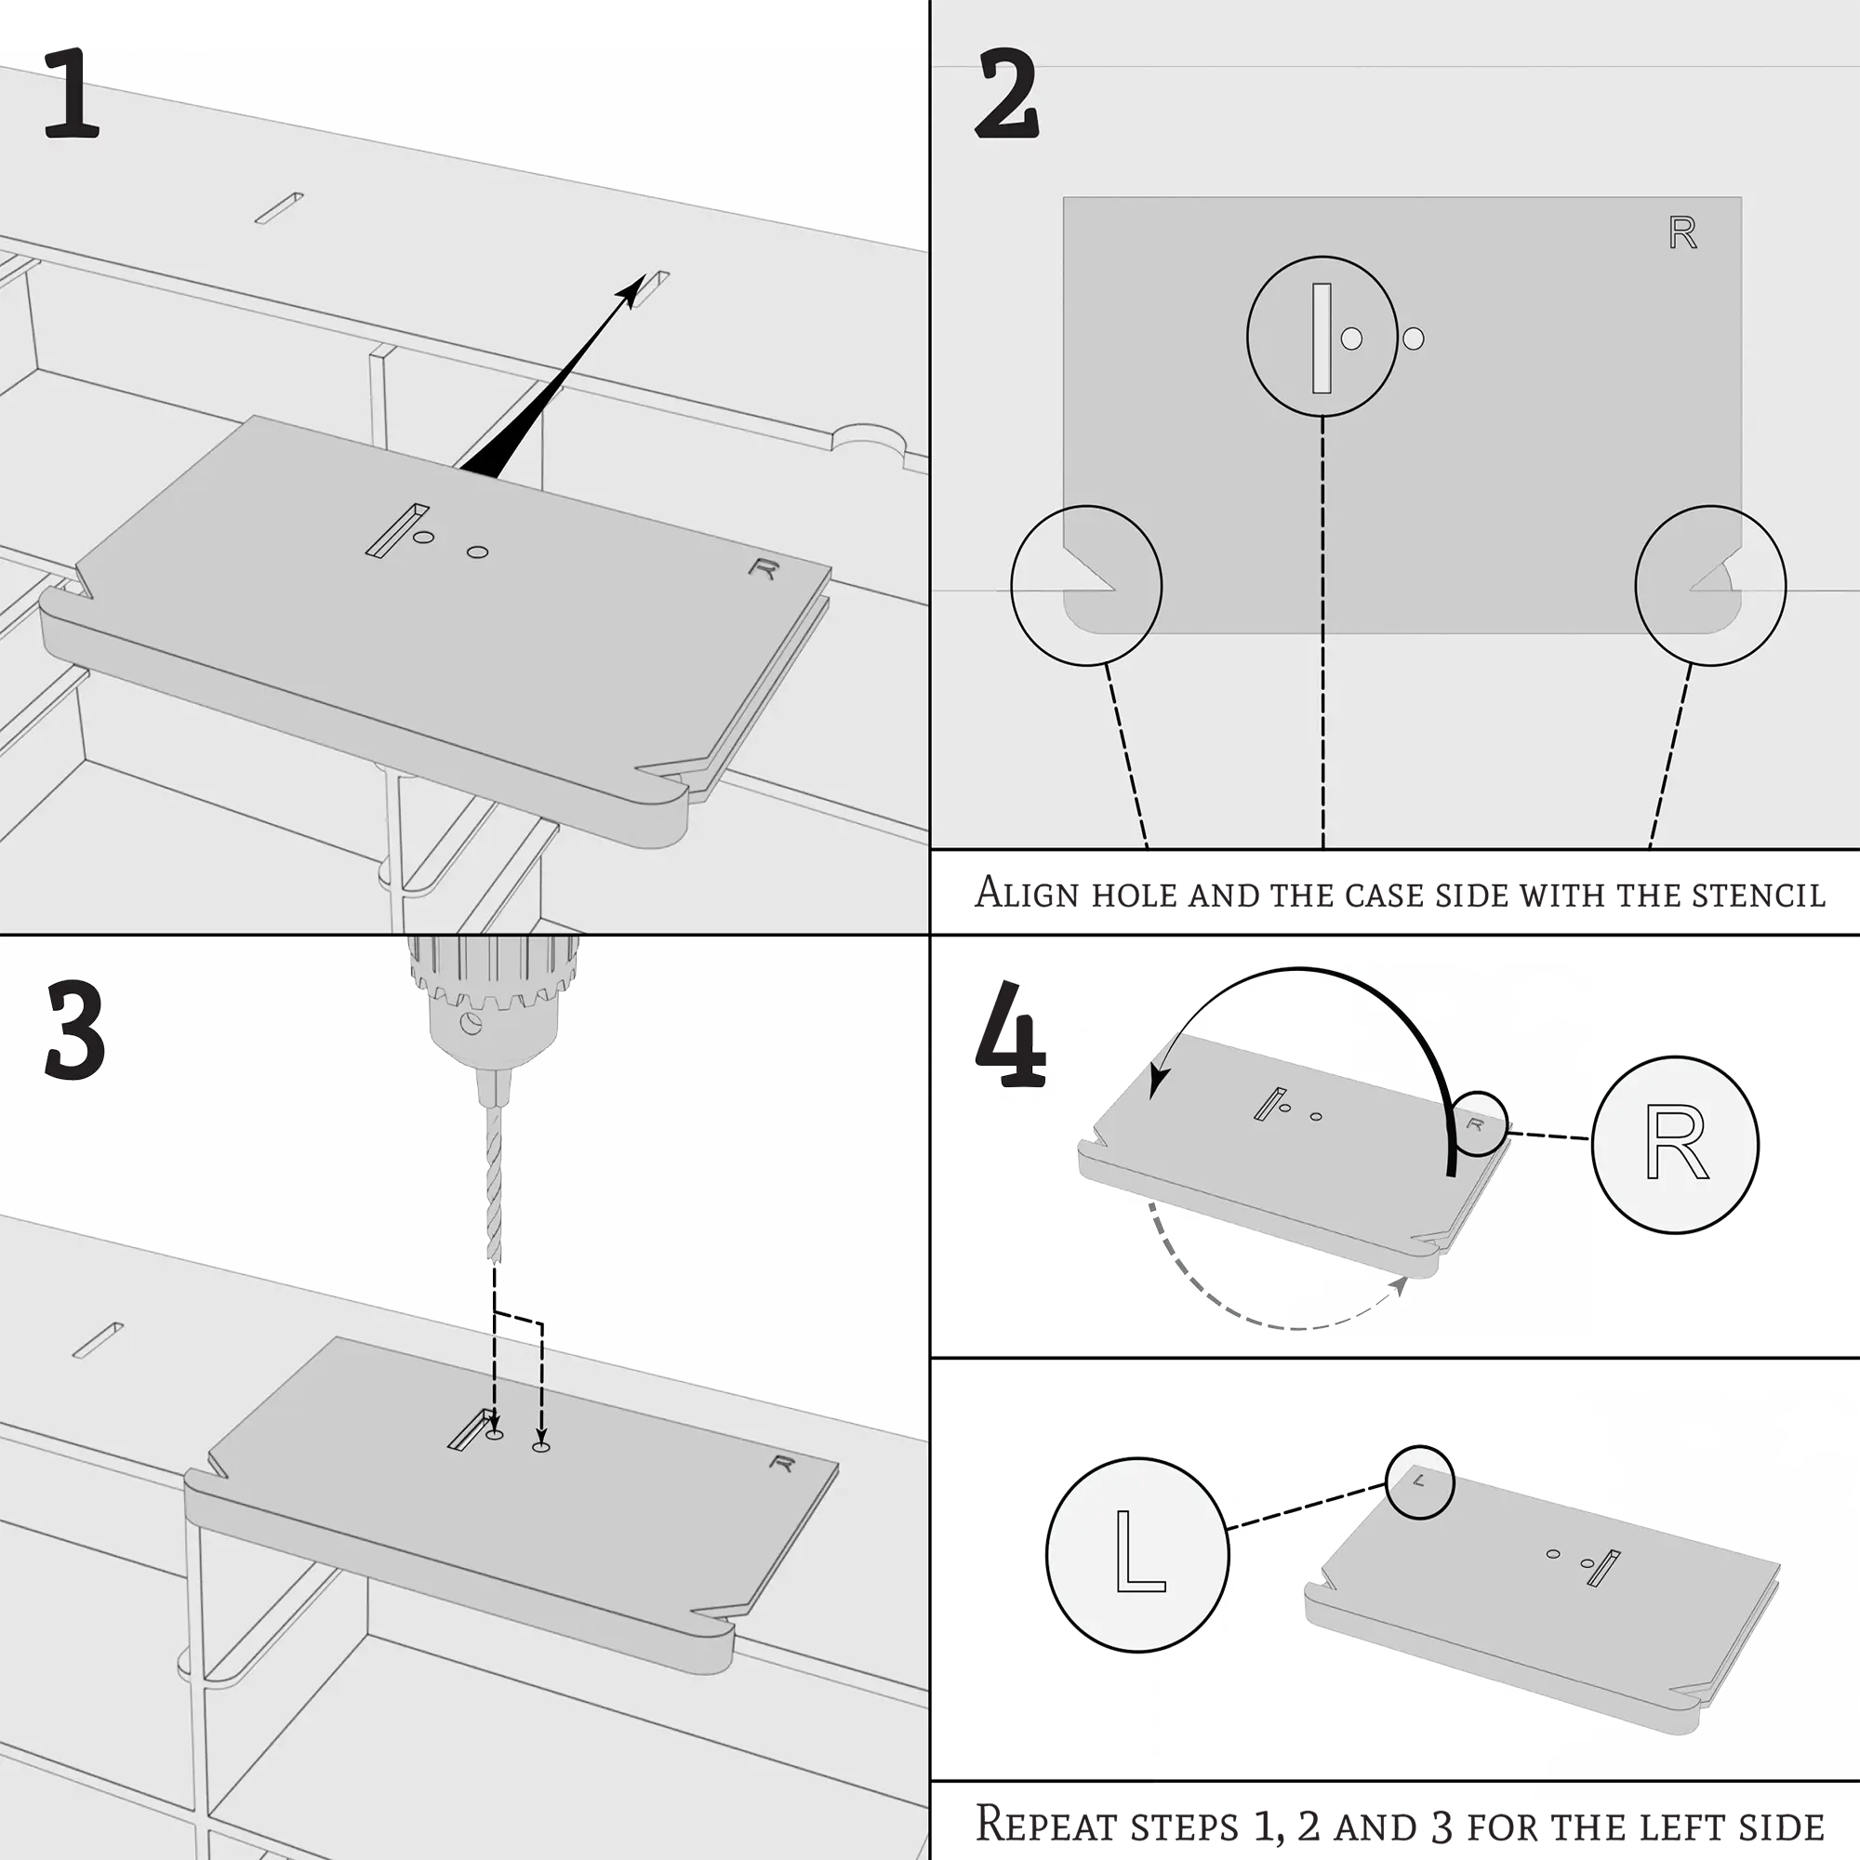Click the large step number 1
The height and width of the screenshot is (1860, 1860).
[x=72, y=93]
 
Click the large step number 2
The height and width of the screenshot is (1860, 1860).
[x=1007, y=94]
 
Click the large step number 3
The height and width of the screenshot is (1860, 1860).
[x=74, y=1030]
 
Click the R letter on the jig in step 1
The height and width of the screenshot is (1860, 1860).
[x=764, y=569]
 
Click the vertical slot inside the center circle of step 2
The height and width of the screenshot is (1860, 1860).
[x=1321, y=338]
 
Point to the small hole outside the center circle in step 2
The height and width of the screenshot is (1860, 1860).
[x=1414, y=339]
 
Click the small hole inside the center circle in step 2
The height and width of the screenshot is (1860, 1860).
[x=1351, y=339]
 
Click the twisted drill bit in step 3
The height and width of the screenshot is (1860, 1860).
[x=493, y=1184]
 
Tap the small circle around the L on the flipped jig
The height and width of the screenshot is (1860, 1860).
[x=1419, y=1482]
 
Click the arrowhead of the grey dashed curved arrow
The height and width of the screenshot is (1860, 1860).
[x=1401, y=1284]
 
